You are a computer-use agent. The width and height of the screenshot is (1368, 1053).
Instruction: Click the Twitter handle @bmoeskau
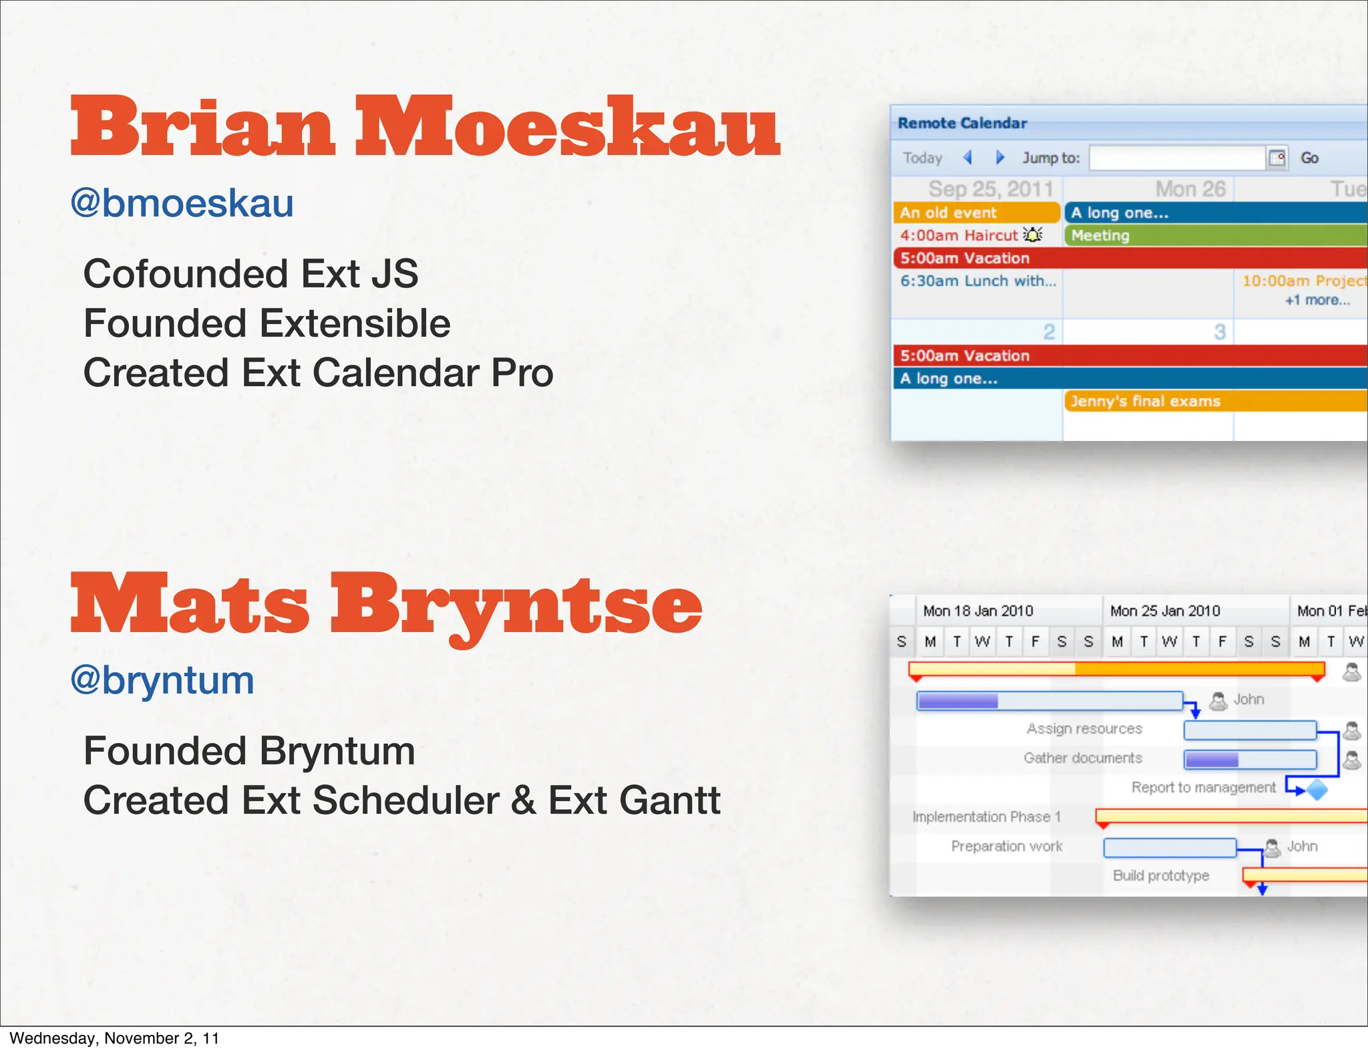tap(182, 203)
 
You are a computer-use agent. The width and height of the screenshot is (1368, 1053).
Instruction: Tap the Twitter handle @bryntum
tap(162, 680)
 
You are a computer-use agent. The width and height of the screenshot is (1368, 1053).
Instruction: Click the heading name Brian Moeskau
tap(425, 127)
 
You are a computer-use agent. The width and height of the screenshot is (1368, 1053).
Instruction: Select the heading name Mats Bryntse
tap(386, 605)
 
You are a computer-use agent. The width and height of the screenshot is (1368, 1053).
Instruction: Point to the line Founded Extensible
tap(267, 323)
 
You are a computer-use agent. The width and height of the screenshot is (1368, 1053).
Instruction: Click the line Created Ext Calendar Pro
tap(318, 373)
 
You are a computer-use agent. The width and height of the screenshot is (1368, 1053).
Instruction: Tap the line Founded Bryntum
tap(249, 751)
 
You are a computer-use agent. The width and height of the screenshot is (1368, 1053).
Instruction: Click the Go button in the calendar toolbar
tap(1309, 158)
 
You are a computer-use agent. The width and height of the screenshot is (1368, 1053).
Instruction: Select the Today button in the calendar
tap(922, 158)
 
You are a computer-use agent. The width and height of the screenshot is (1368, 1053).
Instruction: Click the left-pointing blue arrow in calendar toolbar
tap(967, 158)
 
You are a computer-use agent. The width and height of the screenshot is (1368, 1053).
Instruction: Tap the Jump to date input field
tap(1177, 158)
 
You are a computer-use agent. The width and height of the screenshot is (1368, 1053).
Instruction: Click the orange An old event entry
tap(976, 212)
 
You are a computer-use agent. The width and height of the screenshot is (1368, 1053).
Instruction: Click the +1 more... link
tap(1317, 301)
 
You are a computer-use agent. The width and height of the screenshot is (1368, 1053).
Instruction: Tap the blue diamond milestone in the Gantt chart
tap(1317, 790)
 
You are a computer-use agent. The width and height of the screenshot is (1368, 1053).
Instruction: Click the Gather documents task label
tap(1083, 758)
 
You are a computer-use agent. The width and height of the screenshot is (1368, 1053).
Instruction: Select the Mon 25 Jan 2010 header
tap(1165, 611)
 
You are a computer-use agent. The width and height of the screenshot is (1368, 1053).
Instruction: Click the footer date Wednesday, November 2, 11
tap(114, 1038)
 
